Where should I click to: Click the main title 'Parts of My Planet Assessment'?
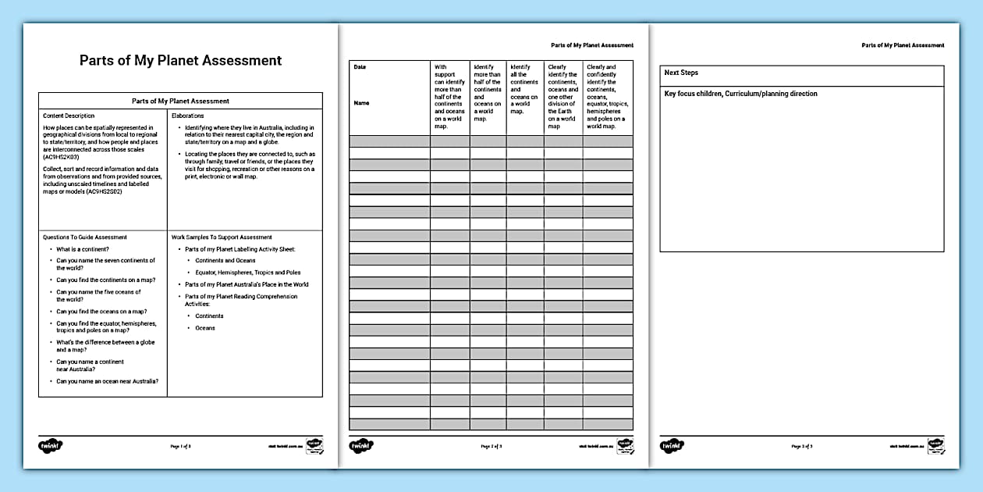[x=180, y=61]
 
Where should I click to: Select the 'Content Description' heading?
[x=69, y=116]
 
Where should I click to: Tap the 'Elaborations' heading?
[x=187, y=116]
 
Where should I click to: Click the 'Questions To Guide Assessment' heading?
[x=85, y=237]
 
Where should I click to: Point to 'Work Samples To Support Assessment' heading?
[x=222, y=237]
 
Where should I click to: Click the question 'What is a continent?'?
[x=83, y=249]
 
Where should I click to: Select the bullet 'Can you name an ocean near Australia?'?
[x=108, y=381]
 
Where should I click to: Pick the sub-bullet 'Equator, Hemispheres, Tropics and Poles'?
[x=247, y=273]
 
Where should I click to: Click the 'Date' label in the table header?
[x=360, y=67]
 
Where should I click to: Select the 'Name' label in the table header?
[x=361, y=103]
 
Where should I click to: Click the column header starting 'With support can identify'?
[x=449, y=93]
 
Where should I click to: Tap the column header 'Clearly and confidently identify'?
[x=607, y=96]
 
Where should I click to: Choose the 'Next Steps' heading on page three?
[x=681, y=73]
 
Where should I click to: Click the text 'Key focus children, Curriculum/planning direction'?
[x=740, y=94]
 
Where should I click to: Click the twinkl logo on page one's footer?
[x=51, y=446]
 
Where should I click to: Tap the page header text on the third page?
[x=903, y=45]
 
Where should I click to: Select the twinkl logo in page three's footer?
[x=672, y=446]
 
